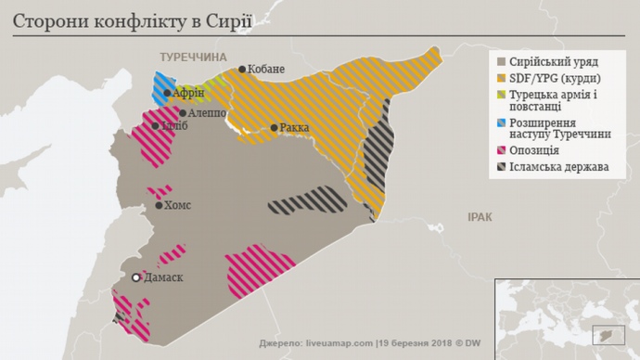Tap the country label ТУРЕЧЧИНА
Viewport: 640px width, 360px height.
pyautogui.click(x=193, y=57)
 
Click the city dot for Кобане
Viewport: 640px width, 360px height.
pyautogui.click(x=242, y=70)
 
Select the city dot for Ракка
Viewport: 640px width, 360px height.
pyautogui.click(x=274, y=128)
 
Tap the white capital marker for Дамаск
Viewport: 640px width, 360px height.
pyautogui.click(x=136, y=277)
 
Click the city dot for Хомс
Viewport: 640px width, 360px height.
pyautogui.click(x=160, y=206)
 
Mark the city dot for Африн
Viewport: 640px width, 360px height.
pyautogui.click(x=167, y=93)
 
